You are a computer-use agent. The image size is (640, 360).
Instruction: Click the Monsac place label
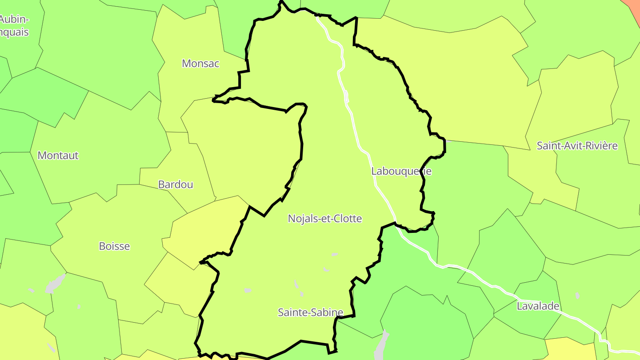point(200,64)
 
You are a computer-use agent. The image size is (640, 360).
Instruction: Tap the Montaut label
point(58,156)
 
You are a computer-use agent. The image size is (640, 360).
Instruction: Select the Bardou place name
point(176,184)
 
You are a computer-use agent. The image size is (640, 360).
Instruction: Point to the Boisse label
point(114,246)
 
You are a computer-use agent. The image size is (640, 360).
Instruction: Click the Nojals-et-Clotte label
point(325,219)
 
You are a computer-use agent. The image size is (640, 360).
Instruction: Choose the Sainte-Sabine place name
point(310,312)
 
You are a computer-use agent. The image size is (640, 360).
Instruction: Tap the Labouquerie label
point(401,171)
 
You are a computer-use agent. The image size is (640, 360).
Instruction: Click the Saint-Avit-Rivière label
point(577,146)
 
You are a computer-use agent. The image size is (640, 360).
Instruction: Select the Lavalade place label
point(538,306)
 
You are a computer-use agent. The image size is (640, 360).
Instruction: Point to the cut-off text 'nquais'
point(14,32)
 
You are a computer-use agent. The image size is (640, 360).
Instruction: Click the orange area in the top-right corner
point(633,5)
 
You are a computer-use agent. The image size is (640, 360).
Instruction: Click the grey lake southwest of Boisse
point(54,284)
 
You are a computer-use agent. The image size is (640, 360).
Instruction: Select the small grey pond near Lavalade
point(577,296)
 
